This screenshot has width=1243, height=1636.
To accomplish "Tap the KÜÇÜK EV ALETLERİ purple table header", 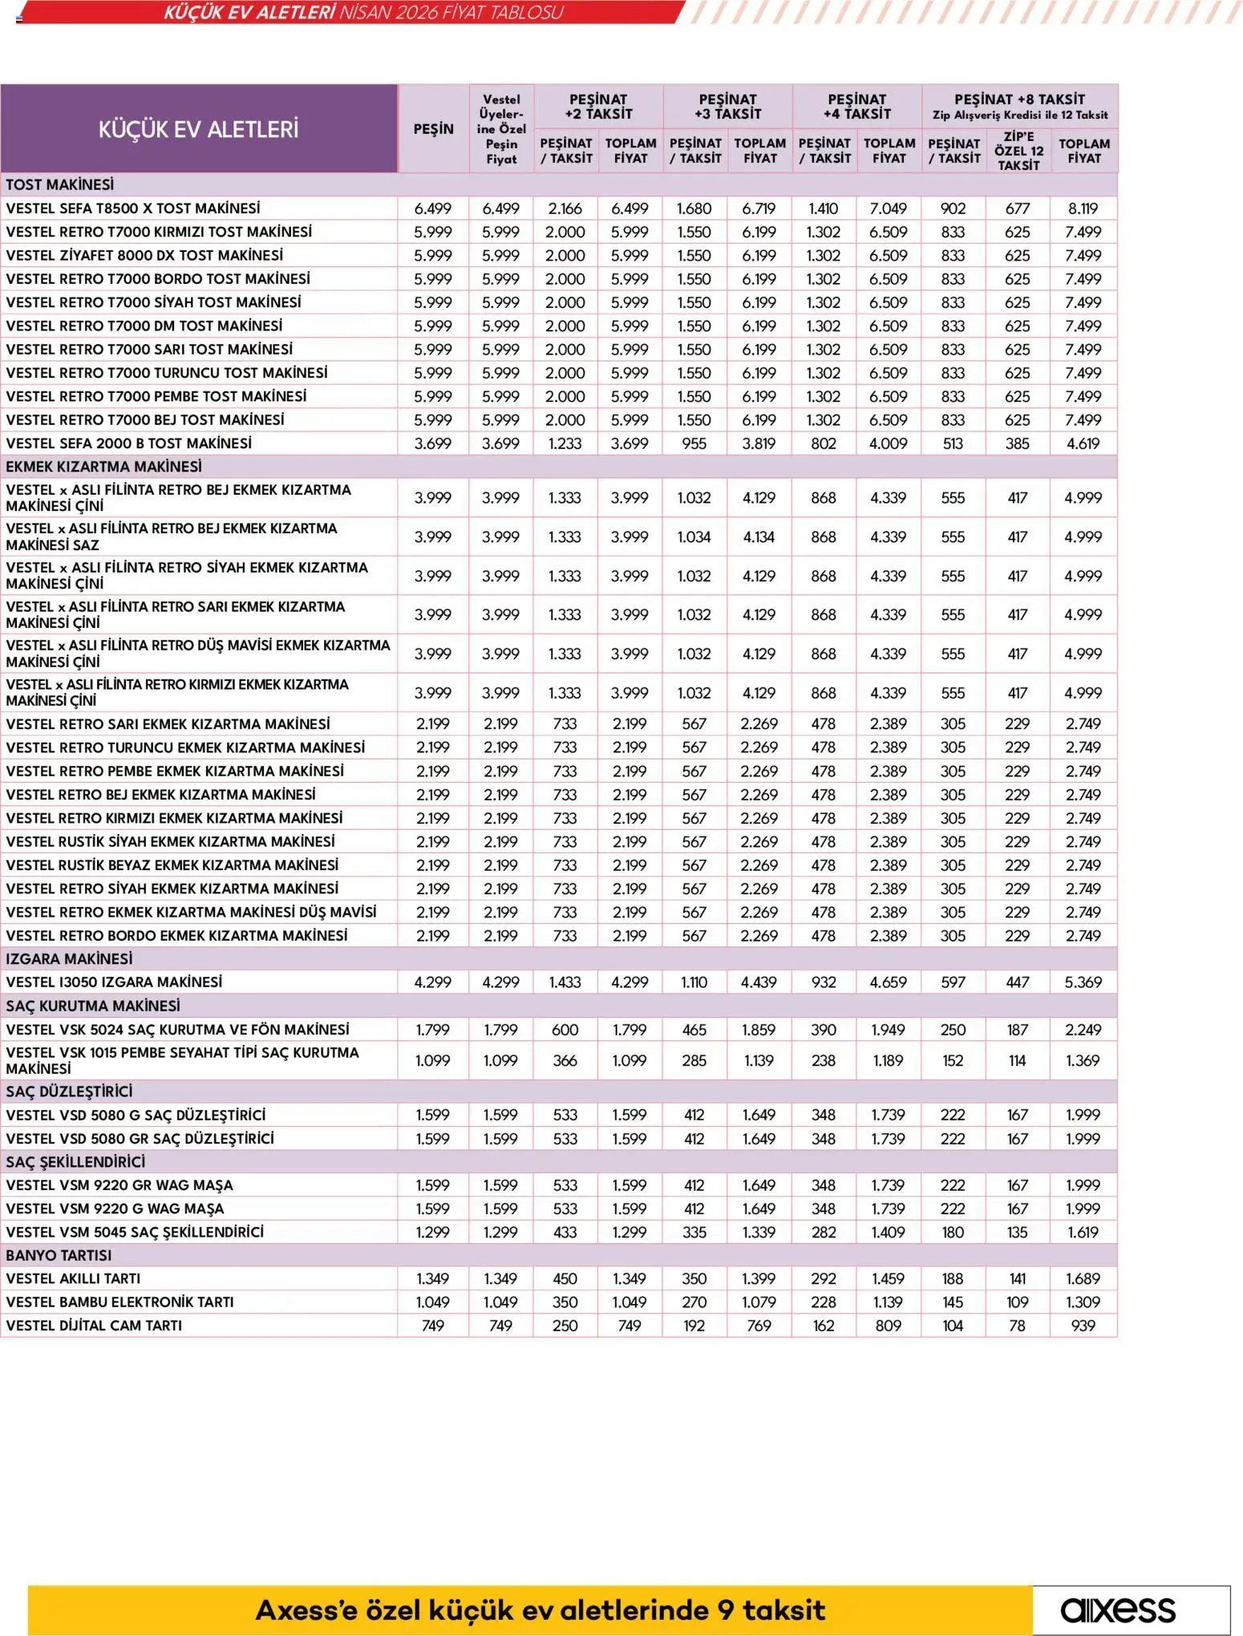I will click(x=198, y=128).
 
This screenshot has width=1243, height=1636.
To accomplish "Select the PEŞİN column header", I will click(x=433, y=129).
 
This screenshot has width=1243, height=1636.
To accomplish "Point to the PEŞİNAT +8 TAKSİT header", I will click(x=1019, y=99).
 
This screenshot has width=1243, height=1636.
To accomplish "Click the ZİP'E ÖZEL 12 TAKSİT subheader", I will click(x=1018, y=151).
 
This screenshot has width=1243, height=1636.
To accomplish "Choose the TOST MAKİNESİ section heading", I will click(x=60, y=184).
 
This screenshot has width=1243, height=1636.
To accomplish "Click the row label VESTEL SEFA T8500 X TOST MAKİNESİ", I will click(x=133, y=209).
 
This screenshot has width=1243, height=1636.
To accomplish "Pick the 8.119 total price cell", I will click(x=1083, y=209).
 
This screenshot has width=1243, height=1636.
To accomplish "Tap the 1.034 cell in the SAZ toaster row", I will click(x=694, y=537).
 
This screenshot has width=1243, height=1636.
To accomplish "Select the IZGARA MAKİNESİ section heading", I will click(x=69, y=958).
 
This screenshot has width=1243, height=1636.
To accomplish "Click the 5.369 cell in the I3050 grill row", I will click(x=1083, y=982).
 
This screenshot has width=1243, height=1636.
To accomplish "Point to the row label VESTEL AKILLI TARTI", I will click(x=73, y=1278).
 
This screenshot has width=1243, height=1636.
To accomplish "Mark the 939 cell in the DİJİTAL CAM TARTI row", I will click(x=1083, y=1326).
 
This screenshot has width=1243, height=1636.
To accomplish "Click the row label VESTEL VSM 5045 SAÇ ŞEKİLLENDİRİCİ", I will click(x=135, y=1232).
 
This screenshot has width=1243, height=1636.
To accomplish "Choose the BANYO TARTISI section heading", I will click(x=59, y=1255).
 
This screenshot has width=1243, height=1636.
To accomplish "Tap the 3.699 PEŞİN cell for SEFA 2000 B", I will click(x=433, y=443).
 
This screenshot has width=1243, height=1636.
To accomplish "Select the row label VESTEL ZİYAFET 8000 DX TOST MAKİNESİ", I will click(x=144, y=255).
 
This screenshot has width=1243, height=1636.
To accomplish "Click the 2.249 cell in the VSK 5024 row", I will click(x=1083, y=1029).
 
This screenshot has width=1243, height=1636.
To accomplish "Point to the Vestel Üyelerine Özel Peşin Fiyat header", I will click(x=501, y=129).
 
